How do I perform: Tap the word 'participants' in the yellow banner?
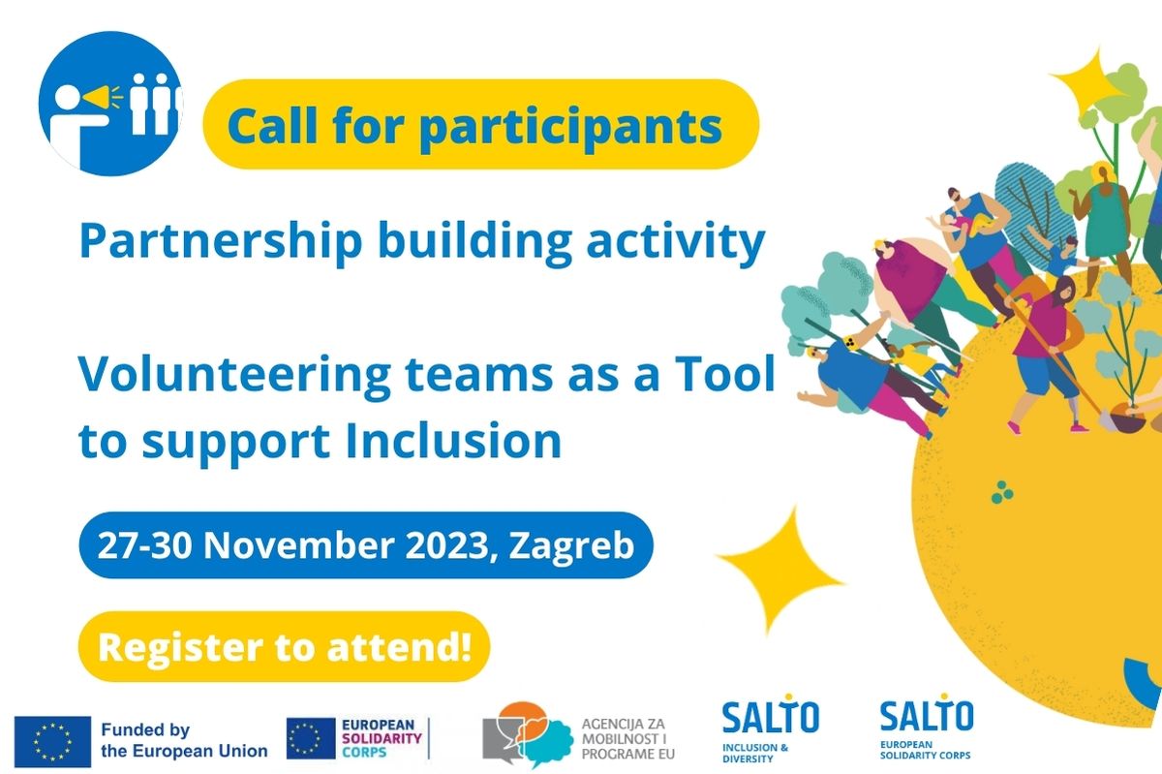[x=570, y=127]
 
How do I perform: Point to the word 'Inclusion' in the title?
[x=454, y=441]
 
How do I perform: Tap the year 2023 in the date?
[x=451, y=545]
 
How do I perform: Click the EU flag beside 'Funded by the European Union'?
[x=52, y=742]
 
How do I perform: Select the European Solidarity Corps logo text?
[x=382, y=738]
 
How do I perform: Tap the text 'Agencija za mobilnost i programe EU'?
[x=628, y=739]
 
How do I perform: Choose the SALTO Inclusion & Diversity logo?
[x=771, y=728]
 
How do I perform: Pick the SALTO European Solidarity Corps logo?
[x=927, y=727]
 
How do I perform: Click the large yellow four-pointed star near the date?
[x=780, y=570]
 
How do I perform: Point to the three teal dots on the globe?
[x=1001, y=491]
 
